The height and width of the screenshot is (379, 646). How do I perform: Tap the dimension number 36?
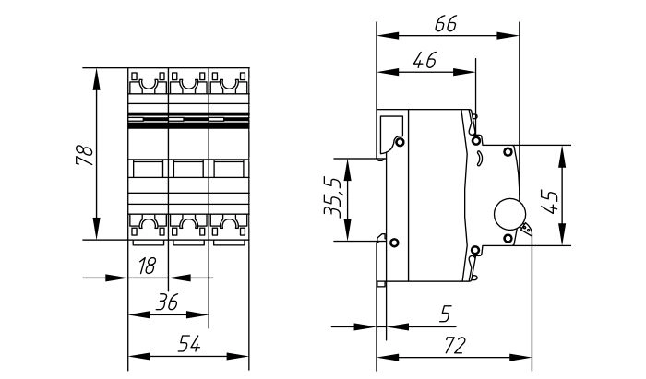[166, 302]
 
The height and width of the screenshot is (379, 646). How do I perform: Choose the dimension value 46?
[425, 61]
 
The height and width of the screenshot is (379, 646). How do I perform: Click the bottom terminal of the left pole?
[148, 224]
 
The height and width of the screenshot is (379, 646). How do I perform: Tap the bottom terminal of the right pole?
[229, 224]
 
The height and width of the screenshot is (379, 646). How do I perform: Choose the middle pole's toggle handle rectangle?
[188, 169]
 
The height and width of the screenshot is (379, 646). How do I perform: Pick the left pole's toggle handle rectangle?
[148, 169]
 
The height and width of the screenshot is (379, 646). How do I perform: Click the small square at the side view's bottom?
[381, 284]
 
